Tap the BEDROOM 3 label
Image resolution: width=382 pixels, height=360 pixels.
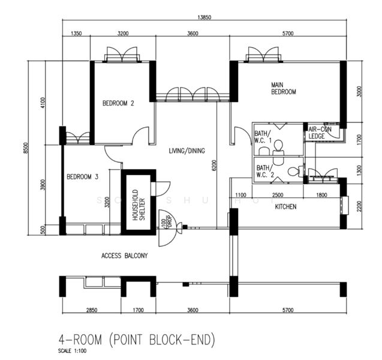[82, 176]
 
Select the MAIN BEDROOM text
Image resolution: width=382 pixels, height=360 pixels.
[284, 88]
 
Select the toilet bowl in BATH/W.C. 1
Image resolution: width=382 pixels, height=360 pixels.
[278, 145]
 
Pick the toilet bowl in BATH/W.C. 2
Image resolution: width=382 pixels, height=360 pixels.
[293, 172]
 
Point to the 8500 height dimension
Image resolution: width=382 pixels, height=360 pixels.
[26, 147]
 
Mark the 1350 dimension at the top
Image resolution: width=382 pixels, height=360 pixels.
[76, 34]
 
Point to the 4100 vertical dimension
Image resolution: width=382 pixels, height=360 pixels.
[43, 103]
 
